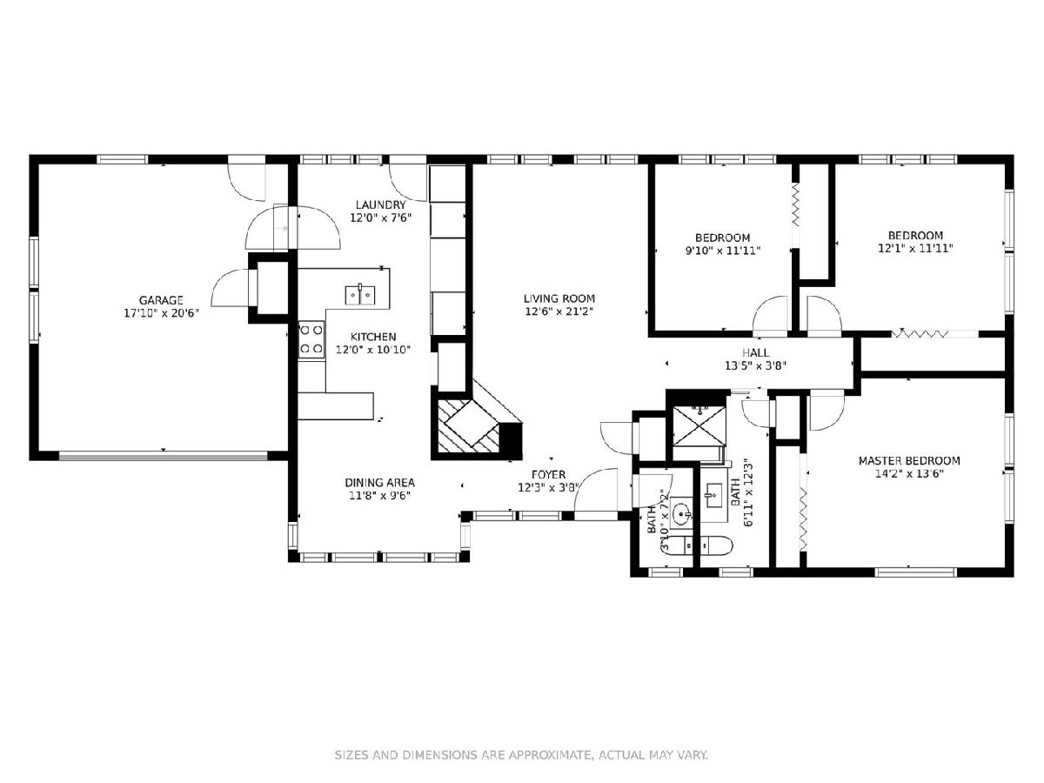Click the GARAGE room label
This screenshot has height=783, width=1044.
(x=161, y=300)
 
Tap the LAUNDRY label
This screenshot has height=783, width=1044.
(x=380, y=205)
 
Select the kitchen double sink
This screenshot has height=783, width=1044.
(x=359, y=295)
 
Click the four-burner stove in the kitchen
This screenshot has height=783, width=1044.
(x=311, y=339)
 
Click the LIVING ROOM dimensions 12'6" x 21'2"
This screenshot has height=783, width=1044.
(x=559, y=311)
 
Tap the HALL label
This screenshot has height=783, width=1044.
(x=755, y=352)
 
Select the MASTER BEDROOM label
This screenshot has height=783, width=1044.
(x=909, y=461)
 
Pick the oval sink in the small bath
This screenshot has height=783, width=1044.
(x=681, y=514)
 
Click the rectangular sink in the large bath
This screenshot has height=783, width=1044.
(x=714, y=496)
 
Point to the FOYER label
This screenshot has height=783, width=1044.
(x=548, y=474)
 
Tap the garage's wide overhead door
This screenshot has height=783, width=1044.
(x=164, y=455)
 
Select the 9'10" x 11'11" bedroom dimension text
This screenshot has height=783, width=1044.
(x=723, y=251)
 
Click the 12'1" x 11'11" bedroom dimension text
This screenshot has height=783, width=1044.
(x=915, y=248)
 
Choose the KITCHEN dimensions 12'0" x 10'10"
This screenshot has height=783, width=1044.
(x=373, y=350)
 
